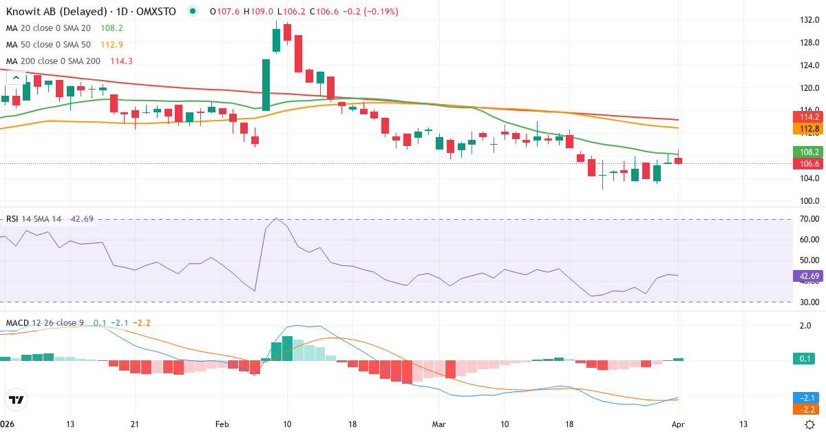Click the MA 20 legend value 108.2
(112, 28)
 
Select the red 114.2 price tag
(808, 117)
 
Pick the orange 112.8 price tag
(808, 128)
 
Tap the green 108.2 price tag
(808, 152)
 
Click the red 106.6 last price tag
(808, 163)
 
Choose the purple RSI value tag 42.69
(808, 276)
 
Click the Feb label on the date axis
(222, 424)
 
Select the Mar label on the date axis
(439, 424)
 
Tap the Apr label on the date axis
(679, 424)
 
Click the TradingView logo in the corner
(16, 400)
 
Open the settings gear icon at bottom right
(811, 424)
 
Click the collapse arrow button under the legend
(17, 78)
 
